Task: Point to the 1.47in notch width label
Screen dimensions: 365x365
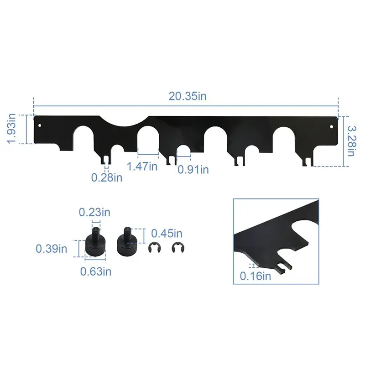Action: [143, 166]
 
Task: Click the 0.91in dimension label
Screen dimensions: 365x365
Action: [193, 169]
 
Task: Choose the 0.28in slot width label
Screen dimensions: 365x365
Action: [107, 177]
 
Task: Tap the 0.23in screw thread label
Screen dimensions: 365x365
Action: [94, 212]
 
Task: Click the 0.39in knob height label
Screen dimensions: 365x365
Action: [51, 249]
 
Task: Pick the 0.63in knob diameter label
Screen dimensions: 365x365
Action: [96, 271]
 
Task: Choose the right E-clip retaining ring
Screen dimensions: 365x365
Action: [175, 249]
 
